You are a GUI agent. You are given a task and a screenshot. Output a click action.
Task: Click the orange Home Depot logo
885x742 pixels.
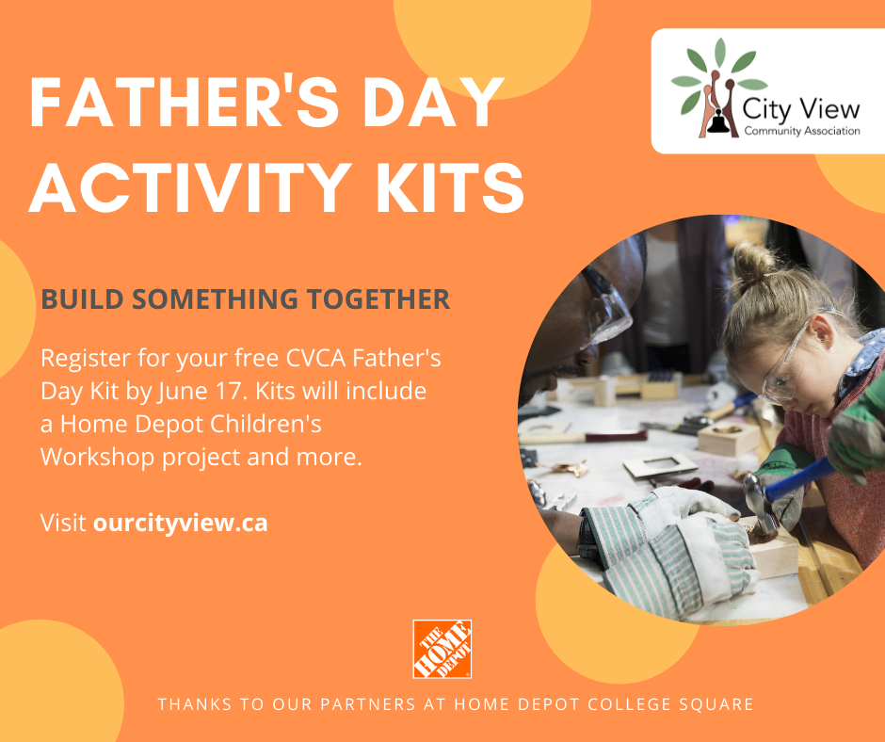pos(442,649)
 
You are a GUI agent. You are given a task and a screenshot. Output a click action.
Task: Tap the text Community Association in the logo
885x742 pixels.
pos(801,132)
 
